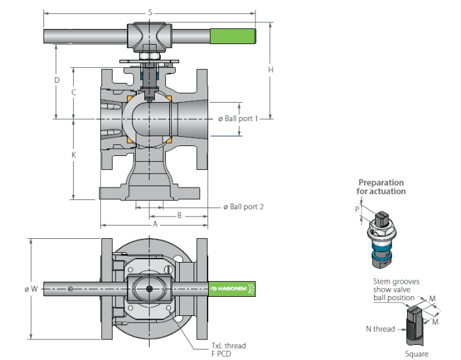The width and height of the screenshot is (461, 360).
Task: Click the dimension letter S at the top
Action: tap(150, 13)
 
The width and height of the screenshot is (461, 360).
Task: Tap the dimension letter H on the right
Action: tap(271, 70)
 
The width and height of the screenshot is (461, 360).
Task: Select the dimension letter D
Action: tap(57, 80)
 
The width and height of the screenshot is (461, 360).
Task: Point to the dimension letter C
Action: tap(74, 92)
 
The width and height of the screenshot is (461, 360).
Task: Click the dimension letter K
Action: tap(74, 155)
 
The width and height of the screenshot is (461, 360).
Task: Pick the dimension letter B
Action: tap(179, 215)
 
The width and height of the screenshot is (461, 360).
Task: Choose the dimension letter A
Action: tap(155, 224)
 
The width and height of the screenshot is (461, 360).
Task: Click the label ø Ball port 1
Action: tap(238, 118)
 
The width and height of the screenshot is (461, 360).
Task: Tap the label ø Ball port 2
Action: tap(244, 207)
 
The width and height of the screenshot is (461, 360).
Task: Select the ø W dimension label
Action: tap(31, 289)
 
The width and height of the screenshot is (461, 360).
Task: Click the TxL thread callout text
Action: tap(229, 346)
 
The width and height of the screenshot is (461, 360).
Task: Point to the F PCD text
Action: tap(221, 353)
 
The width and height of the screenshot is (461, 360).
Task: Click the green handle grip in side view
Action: tap(232, 36)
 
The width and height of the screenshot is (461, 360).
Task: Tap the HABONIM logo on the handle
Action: tap(229, 288)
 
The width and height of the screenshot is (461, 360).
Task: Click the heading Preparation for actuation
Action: tap(381, 187)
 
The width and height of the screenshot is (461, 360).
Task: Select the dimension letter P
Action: tap(357, 209)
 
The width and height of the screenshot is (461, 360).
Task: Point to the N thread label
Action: tap(380, 329)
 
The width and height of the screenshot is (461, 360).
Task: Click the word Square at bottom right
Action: tap(417, 354)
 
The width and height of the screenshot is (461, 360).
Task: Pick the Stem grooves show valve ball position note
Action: tap(396, 290)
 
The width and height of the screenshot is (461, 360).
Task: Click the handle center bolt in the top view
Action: tap(149, 289)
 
